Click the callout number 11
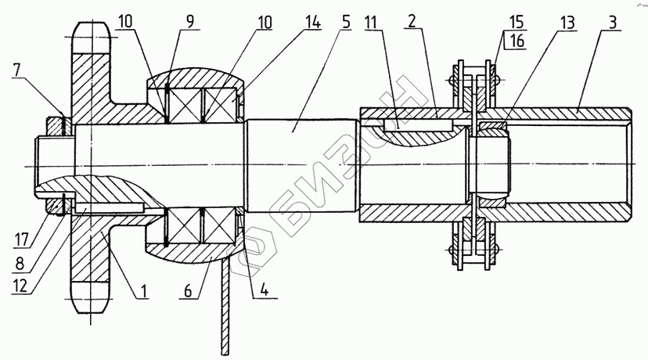[372, 23]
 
